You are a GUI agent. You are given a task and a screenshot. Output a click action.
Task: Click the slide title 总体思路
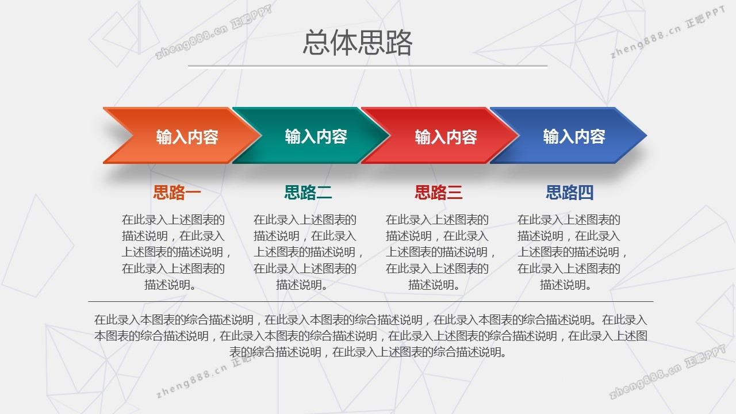point(358,42)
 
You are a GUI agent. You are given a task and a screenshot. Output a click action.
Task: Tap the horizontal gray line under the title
point(367,66)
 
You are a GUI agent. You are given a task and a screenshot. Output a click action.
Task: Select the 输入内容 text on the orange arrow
point(187,137)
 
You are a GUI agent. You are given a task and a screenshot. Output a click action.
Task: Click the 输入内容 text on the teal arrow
point(316,136)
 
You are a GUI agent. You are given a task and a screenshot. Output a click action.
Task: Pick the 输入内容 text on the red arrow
point(446,137)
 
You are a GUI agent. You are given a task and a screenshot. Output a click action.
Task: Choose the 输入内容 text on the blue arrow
point(574,136)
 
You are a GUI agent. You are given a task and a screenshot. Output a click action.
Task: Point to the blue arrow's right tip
point(647,135)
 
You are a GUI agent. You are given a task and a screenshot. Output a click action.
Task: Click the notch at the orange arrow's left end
point(133,135)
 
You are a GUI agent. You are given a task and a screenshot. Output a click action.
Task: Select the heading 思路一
point(177,193)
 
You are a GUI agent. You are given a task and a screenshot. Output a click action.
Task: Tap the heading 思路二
point(308,193)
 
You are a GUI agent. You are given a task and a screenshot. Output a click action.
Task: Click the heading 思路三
point(439,193)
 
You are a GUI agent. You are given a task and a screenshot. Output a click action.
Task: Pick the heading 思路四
point(570,193)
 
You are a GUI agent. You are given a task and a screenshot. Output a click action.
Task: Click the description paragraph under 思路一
point(176,252)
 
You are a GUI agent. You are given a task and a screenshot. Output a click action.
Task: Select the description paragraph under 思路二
point(308,252)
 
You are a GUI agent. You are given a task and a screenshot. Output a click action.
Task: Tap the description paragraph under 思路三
point(440,252)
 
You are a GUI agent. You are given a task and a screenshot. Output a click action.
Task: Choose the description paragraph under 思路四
point(572,252)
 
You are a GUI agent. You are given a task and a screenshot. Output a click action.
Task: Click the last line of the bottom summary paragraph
point(367,352)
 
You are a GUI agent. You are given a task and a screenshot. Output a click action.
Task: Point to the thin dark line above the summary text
point(371,301)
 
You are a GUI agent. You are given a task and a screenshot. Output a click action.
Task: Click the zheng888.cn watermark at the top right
point(668,32)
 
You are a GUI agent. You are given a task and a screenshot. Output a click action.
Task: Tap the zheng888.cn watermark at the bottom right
point(668,371)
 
